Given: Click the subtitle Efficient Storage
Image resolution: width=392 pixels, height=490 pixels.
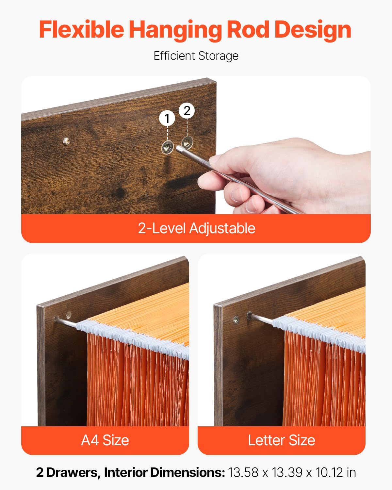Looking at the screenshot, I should [x=196, y=56].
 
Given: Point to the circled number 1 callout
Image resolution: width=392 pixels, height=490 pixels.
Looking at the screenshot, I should [x=167, y=118].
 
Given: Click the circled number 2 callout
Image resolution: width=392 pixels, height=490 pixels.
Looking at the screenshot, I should [x=187, y=111].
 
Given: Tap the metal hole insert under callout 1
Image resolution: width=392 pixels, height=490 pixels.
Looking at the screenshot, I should [x=167, y=148].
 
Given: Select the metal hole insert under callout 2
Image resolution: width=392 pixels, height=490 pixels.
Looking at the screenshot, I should [x=187, y=142].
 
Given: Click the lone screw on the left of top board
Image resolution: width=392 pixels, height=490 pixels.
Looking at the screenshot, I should [x=66, y=141].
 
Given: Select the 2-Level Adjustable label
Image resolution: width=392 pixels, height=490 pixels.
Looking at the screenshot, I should [x=196, y=228].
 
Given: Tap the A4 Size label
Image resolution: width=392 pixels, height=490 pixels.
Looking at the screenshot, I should [x=105, y=440].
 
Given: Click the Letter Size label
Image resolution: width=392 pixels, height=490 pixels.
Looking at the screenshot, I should [x=281, y=440].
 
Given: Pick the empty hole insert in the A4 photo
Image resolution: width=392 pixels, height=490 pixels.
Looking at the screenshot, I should [x=69, y=315].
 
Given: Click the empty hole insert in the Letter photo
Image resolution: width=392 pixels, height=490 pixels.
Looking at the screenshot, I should [x=236, y=319].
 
